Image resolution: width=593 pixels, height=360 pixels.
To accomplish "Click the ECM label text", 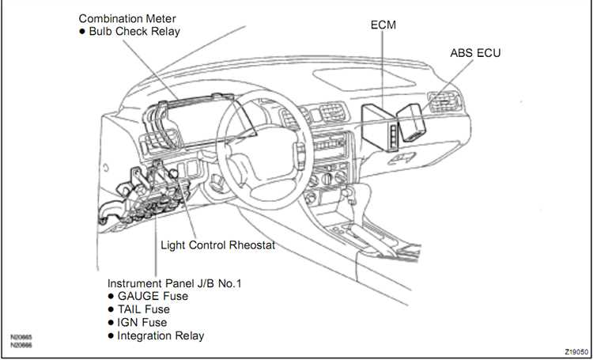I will (383, 25).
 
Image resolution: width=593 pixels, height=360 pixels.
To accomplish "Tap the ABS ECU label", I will (475, 53).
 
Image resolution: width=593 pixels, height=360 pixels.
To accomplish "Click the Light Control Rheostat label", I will (217, 245).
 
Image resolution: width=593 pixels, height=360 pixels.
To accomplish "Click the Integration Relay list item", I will (161, 336).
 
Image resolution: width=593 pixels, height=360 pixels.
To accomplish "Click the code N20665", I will (21, 337).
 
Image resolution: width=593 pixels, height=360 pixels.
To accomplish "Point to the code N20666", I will (21, 345).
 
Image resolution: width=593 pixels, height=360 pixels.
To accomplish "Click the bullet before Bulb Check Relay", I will (82, 32).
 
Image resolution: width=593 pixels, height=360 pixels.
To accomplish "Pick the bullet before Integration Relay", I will (111, 336).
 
